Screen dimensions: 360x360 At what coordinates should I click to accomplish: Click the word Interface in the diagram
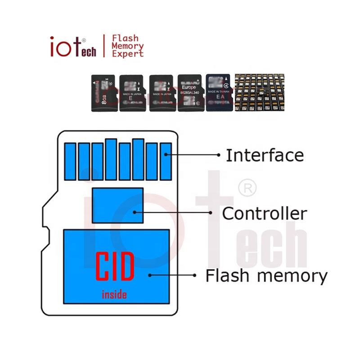click(265, 155)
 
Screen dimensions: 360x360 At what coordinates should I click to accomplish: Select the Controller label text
click(265, 213)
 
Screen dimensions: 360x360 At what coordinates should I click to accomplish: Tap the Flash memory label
click(266, 275)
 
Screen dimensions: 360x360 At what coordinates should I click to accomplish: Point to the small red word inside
click(114, 295)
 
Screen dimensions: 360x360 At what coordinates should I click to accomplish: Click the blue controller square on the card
click(117, 205)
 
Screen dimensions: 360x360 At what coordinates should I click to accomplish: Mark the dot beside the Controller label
click(210, 212)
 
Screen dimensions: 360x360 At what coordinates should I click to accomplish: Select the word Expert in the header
click(127, 54)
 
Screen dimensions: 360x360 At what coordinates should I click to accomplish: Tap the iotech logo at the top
click(73, 46)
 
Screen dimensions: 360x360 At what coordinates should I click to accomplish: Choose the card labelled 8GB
click(103, 93)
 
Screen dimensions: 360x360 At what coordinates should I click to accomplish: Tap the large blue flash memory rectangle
click(116, 266)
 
